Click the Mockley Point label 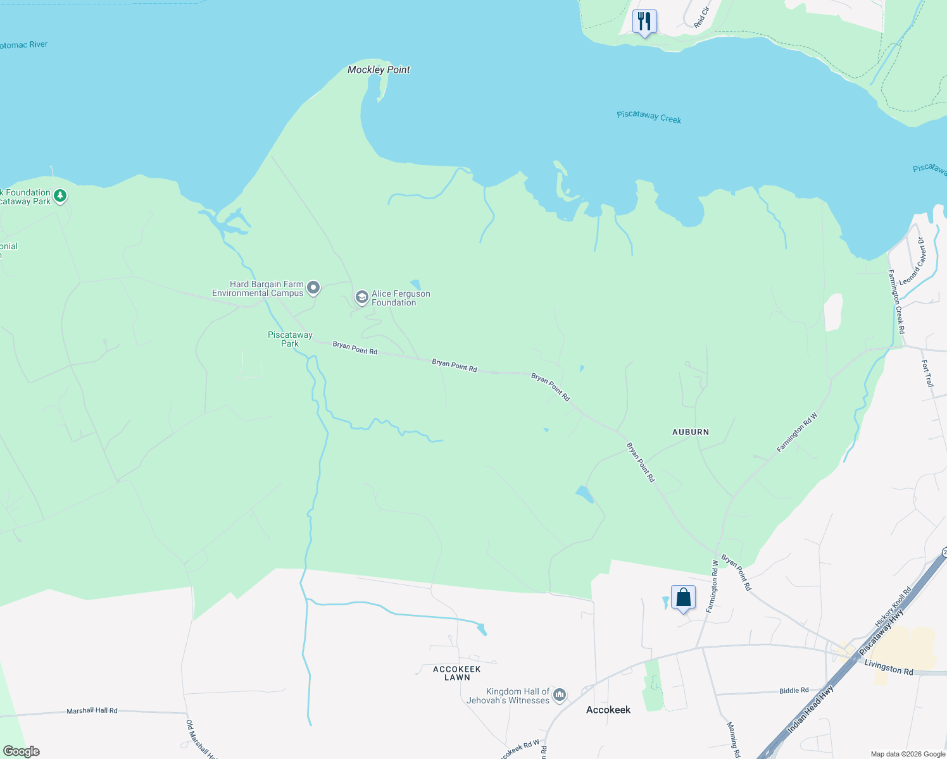379,70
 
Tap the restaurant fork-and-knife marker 644,22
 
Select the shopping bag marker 683,597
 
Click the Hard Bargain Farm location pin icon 313,288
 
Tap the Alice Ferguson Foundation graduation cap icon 361,297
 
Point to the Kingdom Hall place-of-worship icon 559,696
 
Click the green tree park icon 60,196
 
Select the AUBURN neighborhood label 690,432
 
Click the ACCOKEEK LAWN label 457,673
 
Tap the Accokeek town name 608,710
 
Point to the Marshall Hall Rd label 92,711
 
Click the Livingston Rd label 889,668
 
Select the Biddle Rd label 794,691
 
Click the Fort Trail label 927,373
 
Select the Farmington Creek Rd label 896,302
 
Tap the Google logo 22,751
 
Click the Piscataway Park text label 290,339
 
